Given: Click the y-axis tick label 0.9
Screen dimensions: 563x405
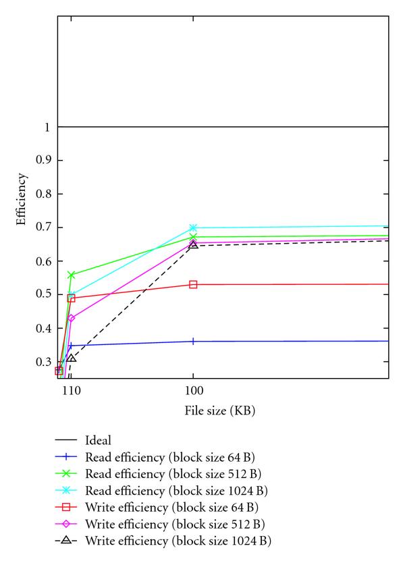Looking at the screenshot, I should tap(45, 161).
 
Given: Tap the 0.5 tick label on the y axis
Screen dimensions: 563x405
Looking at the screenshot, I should tap(45, 294).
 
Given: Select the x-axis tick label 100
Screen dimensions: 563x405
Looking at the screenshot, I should tap(193, 391).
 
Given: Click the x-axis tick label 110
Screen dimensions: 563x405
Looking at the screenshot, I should tap(66, 391).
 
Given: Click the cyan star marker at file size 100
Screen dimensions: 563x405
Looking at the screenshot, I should tap(193, 227).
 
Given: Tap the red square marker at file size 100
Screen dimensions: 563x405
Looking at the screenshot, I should tap(193, 284).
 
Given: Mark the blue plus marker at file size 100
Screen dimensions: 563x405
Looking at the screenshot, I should tap(193, 341).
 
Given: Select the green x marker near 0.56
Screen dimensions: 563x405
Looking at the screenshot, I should tap(72, 275).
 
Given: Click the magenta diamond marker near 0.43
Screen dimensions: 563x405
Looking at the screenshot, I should tap(72, 318).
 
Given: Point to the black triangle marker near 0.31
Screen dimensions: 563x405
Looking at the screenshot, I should tap(72, 358).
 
